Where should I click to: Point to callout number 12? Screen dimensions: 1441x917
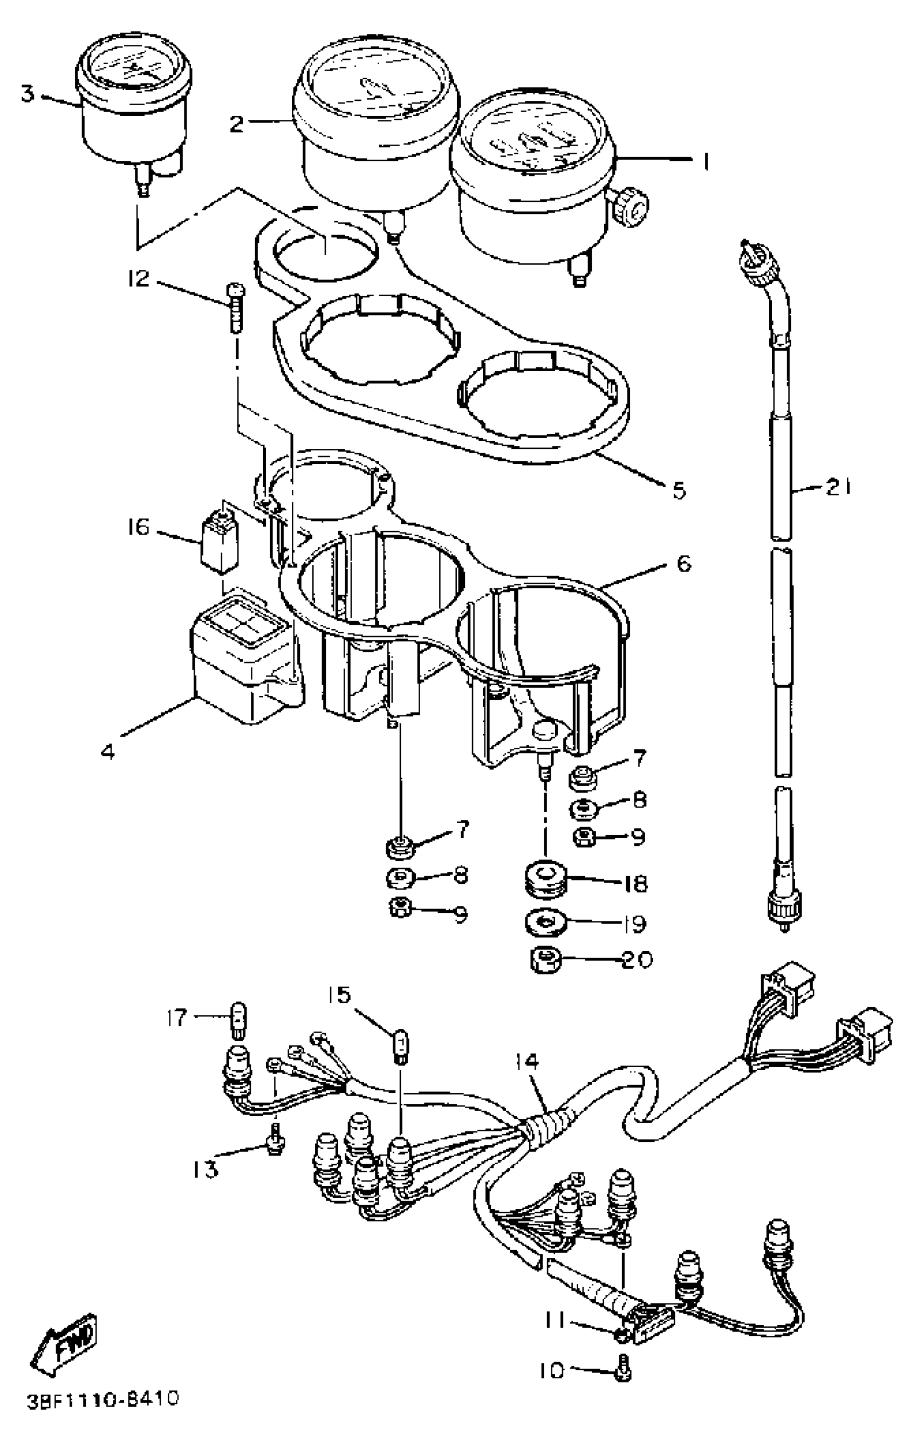coord(139,278)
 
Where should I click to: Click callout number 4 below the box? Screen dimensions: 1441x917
coord(108,751)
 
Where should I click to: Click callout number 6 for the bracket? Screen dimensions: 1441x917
coord(685,564)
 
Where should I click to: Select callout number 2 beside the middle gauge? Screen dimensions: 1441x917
coord(237,124)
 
